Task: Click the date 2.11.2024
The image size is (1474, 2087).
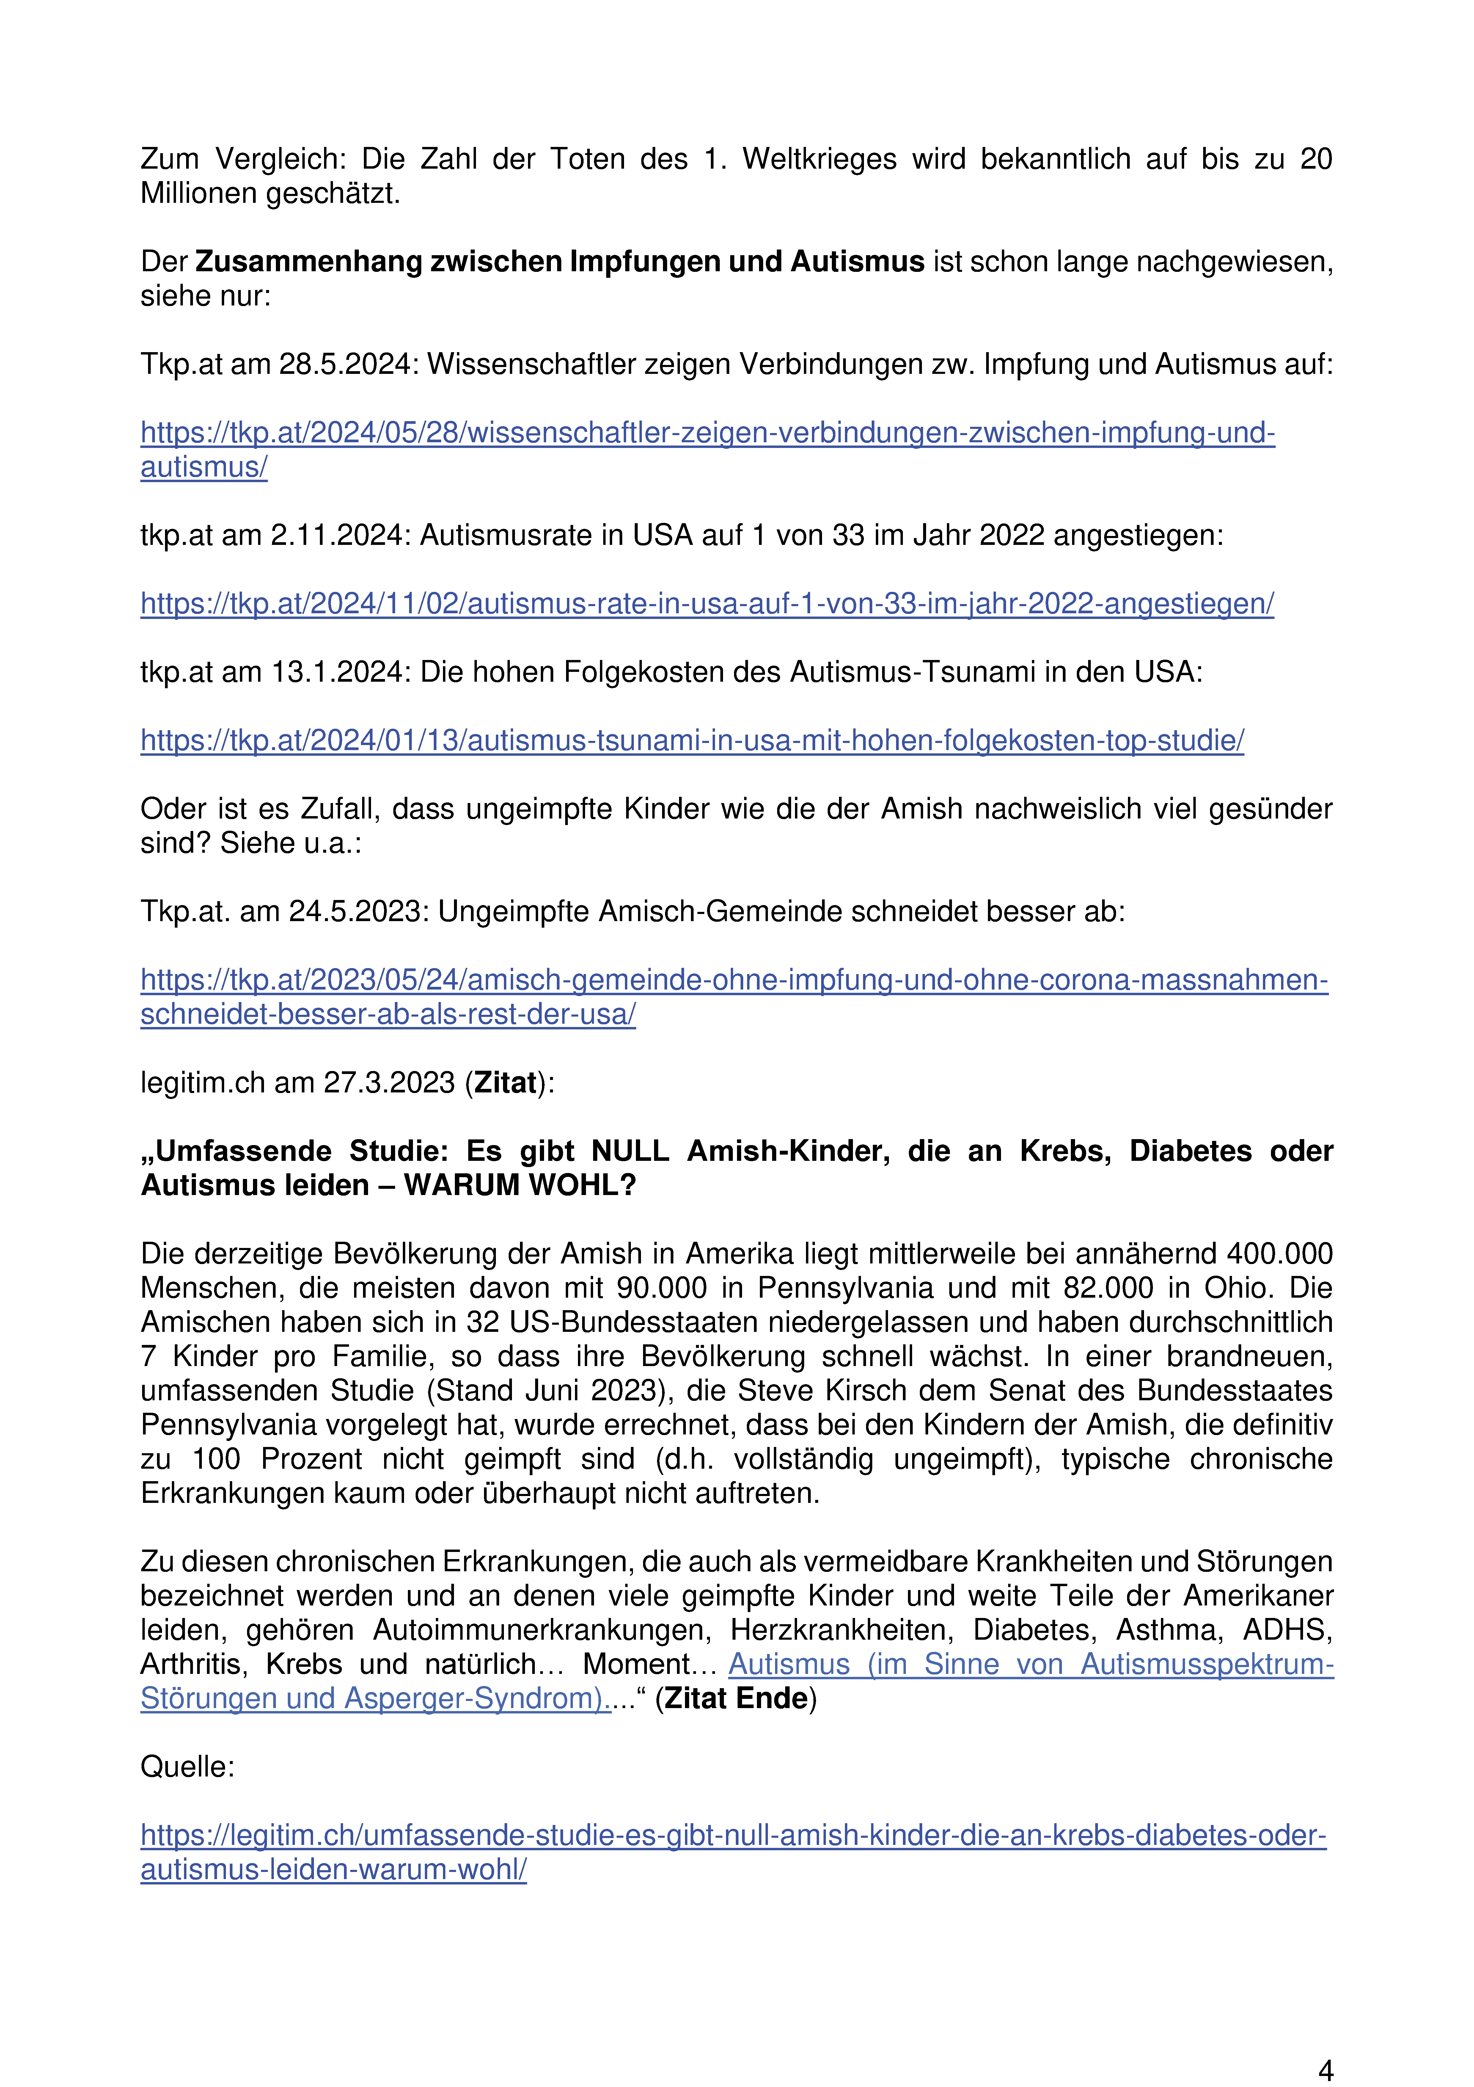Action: (x=341, y=535)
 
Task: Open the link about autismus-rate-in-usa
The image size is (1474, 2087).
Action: (x=707, y=603)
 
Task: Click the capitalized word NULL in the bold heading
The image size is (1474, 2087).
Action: (x=630, y=1152)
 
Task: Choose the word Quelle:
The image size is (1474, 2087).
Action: (x=187, y=1767)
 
